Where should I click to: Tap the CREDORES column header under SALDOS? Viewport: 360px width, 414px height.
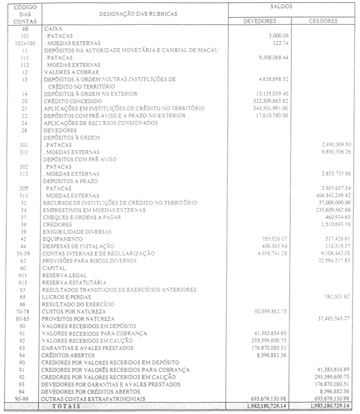click(x=323, y=21)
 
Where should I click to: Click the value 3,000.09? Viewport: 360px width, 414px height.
click(x=278, y=36)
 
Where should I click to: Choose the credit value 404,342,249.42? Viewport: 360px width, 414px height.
click(x=325, y=195)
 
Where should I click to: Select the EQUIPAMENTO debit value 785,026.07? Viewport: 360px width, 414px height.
click(x=269, y=238)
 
